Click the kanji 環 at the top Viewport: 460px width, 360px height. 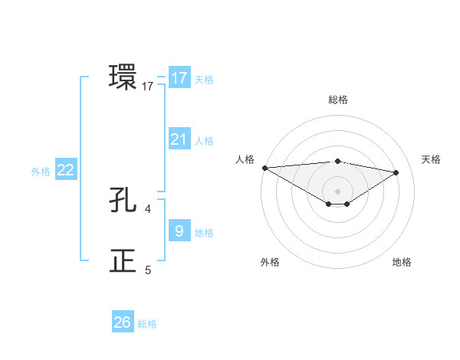click(x=123, y=77)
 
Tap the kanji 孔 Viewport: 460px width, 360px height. click(x=123, y=201)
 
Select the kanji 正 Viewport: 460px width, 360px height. click(x=123, y=260)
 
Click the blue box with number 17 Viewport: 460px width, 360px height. click(x=179, y=78)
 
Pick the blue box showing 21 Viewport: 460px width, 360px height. click(x=179, y=139)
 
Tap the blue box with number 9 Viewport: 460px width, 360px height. click(x=179, y=231)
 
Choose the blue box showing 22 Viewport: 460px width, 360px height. click(x=65, y=170)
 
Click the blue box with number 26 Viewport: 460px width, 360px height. click(x=123, y=322)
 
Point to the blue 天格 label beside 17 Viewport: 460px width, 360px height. click(x=204, y=80)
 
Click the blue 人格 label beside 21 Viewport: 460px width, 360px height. click(x=204, y=141)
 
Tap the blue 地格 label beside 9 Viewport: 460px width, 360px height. click(x=204, y=232)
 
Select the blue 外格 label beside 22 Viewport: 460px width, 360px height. click(x=41, y=172)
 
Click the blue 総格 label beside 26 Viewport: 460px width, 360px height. click(x=147, y=324)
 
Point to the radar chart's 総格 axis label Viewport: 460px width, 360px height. click(x=337, y=100)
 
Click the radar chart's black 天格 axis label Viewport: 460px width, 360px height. click(x=432, y=159)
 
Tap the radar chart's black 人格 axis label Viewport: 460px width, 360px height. click(x=245, y=159)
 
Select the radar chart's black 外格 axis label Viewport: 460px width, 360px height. click(x=270, y=262)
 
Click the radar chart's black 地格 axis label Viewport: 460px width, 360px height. click(x=402, y=262)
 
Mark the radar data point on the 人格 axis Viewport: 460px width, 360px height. click(x=264, y=167)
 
